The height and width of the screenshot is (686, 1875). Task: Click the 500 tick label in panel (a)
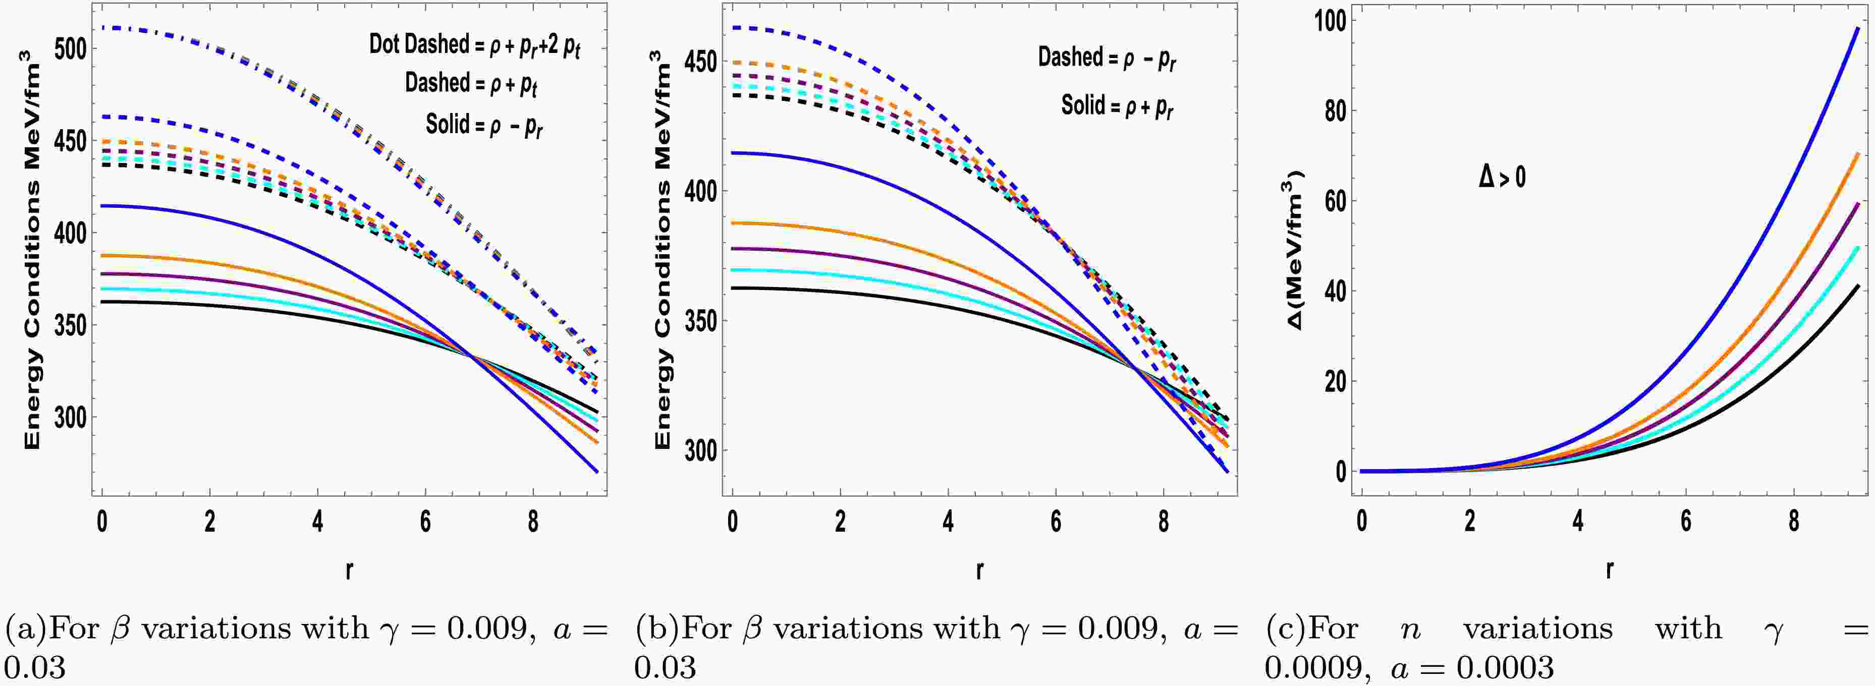[x=71, y=49]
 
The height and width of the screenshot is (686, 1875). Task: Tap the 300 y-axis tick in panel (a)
[x=71, y=418]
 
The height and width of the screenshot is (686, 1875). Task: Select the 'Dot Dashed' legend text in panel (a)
[x=418, y=44]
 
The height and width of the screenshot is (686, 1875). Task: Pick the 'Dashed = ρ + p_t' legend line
[x=471, y=84]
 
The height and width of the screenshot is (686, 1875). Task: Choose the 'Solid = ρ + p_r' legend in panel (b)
[x=1117, y=107]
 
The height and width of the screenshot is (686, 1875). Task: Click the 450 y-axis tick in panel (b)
[x=701, y=62]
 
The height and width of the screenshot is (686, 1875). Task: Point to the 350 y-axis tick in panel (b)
[x=701, y=321]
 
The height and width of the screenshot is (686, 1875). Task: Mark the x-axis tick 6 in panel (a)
[x=425, y=522]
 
